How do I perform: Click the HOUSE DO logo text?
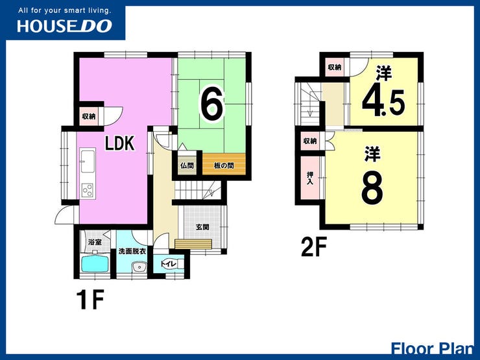click(64, 26)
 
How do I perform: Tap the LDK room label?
click(120, 143)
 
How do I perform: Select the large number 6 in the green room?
click(212, 104)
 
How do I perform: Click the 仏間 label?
click(187, 165)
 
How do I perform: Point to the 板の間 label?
click(224, 165)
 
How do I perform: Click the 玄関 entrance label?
click(202, 227)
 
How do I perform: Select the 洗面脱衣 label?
click(132, 251)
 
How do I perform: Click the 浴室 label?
click(95, 242)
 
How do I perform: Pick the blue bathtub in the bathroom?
click(95, 263)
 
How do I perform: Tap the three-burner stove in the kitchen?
click(88, 190)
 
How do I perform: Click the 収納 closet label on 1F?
click(89, 116)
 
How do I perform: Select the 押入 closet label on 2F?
click(310, 178)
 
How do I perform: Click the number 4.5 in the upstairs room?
click(383, 102)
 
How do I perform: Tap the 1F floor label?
click(90, 300)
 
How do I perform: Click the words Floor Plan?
click(433, 349)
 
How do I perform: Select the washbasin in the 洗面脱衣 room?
click(139, 267)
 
